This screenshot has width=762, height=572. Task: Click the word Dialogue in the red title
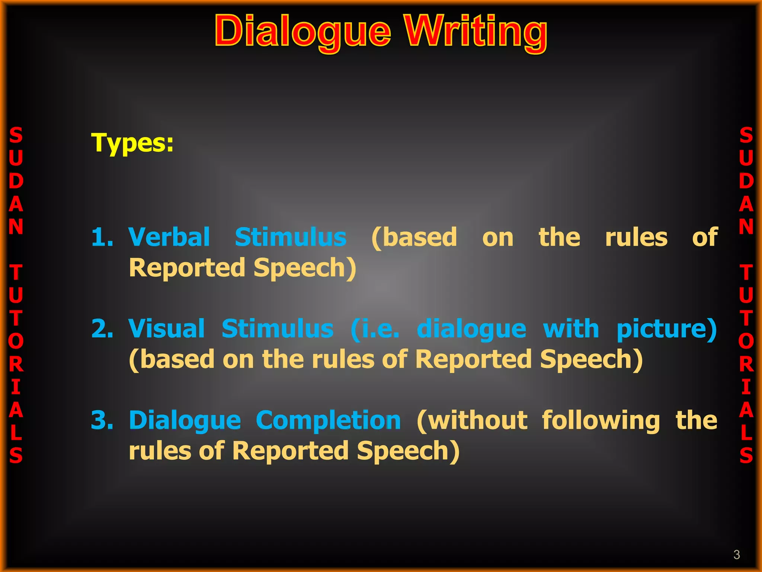(302, 32)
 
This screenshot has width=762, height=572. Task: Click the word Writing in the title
(476, 32)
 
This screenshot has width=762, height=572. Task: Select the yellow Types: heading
(132, 143)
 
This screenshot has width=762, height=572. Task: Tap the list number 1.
(102, 237)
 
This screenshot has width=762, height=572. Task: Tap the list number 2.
(102, 329)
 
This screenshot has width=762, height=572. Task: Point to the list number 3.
(102, 420)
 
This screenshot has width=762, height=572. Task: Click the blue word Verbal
(169, 237)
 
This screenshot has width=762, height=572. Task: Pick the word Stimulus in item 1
(291, 237)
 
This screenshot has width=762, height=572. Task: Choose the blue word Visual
(167, 329)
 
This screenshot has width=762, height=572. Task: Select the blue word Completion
(328, 420)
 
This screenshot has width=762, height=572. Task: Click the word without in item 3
(472, 420)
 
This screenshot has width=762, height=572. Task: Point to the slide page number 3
(736, 554)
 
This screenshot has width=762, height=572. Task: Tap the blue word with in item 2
(571, 329)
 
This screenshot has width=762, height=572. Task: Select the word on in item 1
(498, 238)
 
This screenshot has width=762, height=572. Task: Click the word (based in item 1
(414, 238)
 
